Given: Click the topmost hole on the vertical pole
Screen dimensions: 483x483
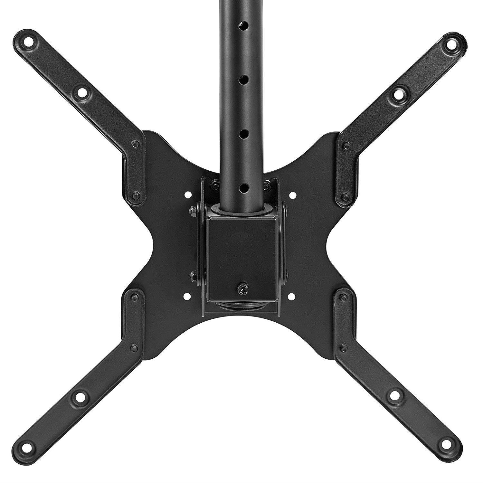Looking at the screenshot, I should (x=244, y=24).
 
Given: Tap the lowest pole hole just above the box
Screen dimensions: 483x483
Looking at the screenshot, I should (x=244, y=187).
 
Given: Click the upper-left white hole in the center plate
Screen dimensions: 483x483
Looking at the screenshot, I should (x=187, y=195).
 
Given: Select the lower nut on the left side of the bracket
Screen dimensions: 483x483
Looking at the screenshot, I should (x=193, y=274).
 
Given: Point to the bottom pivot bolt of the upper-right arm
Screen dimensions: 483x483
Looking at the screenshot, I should (x=345, y=196).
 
